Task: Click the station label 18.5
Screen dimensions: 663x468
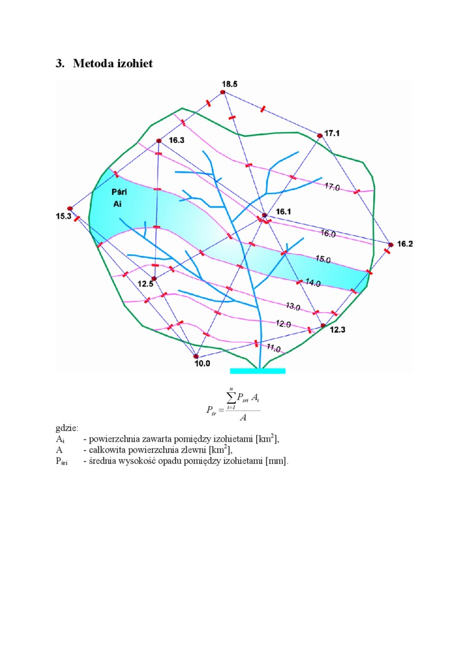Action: tap(230, 83)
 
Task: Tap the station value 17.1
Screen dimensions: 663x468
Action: tap(333, 133)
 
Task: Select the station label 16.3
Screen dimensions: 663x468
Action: tap(176, 141)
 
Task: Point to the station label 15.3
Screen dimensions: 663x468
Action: tap(63, 216)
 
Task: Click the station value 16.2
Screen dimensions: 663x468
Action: tap(405, 244)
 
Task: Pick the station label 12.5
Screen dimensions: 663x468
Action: tap(145, 284)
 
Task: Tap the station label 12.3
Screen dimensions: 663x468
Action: tap(338, 330)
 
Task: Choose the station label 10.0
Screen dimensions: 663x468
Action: tap(202, 364)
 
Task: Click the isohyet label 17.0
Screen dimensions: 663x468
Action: tap(332, 186)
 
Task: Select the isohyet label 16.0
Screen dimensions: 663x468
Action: tap(328, 234)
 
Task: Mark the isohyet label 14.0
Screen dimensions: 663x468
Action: tap(313, 283)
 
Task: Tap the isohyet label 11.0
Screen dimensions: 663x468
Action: tap(273, 349)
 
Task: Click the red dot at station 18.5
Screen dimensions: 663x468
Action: tap(222, 93)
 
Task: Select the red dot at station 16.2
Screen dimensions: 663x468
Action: tap(390, 245)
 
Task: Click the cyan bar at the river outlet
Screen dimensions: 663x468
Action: tap(257, 371)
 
